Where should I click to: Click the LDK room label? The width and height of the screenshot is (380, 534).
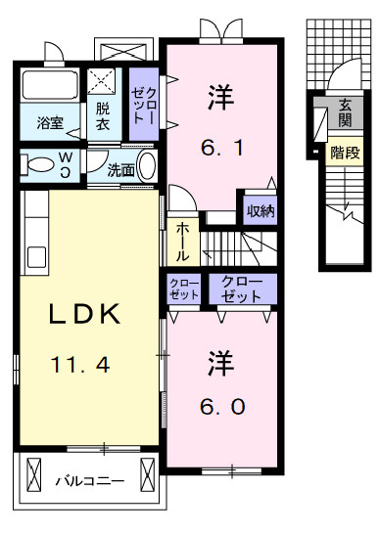coord(85,315)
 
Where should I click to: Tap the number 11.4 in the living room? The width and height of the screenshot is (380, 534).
coord(74,366)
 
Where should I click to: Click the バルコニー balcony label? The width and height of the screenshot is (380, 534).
coord(89,480)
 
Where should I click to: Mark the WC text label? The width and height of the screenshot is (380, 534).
coord(66,161)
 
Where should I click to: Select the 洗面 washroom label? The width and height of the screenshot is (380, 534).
coord(120,167)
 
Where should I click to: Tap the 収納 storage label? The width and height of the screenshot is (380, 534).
coord(260,210)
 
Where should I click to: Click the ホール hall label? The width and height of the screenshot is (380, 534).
coord(182,241)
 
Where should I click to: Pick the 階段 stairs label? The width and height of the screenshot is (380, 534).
coord(344,153)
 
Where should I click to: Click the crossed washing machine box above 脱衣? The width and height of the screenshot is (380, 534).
coord(102,81)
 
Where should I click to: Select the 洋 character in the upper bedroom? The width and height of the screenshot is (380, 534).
coord(218,97)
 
